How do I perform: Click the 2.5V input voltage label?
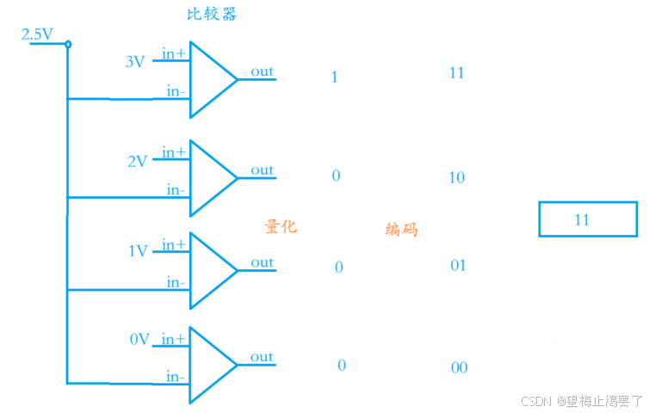[37, 34]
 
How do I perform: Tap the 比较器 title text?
[211, 15]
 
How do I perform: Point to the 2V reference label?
[137, 160]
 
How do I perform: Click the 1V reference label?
[138, 251]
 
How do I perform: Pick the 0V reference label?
[139, 339]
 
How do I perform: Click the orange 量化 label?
[281, 226]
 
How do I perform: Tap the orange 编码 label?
[402, 229]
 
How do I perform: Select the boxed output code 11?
[582, 219]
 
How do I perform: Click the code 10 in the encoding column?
[456, 178]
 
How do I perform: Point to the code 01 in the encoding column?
[458, 265]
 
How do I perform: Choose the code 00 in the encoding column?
[459, 367]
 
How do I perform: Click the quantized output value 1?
[334, 77]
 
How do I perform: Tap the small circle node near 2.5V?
[68, 44]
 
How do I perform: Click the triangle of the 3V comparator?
[210, 80]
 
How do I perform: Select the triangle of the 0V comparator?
[210, 365]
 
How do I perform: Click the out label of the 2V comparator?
[262, 170]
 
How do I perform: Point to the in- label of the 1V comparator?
[176, 282]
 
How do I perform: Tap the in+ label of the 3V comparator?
[174, 54]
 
